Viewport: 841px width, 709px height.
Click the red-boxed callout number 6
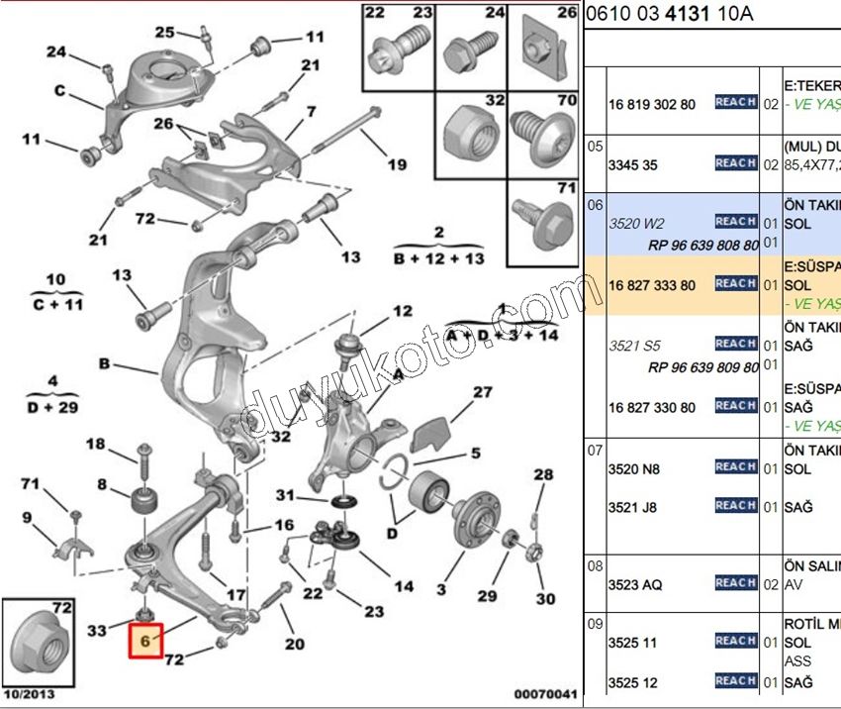(145, 642)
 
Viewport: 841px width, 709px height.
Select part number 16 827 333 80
(652, 285)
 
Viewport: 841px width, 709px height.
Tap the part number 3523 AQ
(635, 584)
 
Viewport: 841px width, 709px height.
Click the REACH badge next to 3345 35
(735, 163)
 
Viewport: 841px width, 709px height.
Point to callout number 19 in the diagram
(397, 164)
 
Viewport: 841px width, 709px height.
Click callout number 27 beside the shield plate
(482, 392)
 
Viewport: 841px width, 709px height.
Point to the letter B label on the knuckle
(104, 363)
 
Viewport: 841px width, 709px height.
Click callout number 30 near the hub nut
(546, 598)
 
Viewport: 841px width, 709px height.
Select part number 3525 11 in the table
(632, 643)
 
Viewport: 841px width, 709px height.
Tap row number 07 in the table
(595, 450)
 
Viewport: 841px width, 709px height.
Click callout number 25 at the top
(164, 32)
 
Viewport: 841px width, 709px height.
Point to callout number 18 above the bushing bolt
(95, 444)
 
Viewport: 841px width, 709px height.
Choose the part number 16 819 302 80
(652, 103)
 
